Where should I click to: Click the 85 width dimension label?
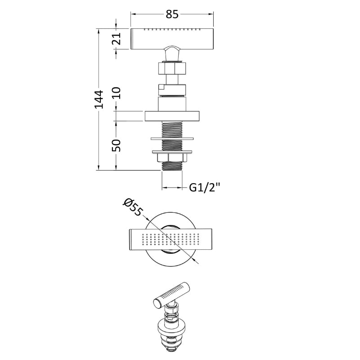pyautogui.click(x=172, y=14)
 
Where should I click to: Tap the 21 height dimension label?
pyautogui.click(x=117, y=39)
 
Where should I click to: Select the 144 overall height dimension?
pyautogui.click(x=99, y=99)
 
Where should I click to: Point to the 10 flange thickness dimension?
pyautogui.click(x=117, y=93)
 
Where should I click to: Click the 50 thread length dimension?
pyautogui.click(x=117, y=145)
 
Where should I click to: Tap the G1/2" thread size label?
pyautogui.click(x=205, y=188)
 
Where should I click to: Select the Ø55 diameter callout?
pyautogui.click(x=133, y=207)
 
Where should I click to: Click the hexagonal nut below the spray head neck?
pyautogui.click(x=172, y=68)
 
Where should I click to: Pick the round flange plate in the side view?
pyautogui.click(x=172, y=116)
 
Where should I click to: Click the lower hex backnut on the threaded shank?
pyautogui.click(x=172, y=158)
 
